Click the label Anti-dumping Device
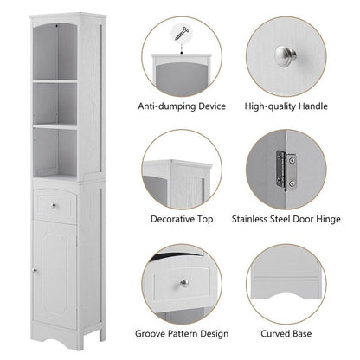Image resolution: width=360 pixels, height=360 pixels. [x=181, y=106]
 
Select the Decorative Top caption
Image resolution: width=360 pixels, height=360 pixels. [x=181, y=219]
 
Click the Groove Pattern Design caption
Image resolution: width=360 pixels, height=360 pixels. [x=181, y=332]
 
